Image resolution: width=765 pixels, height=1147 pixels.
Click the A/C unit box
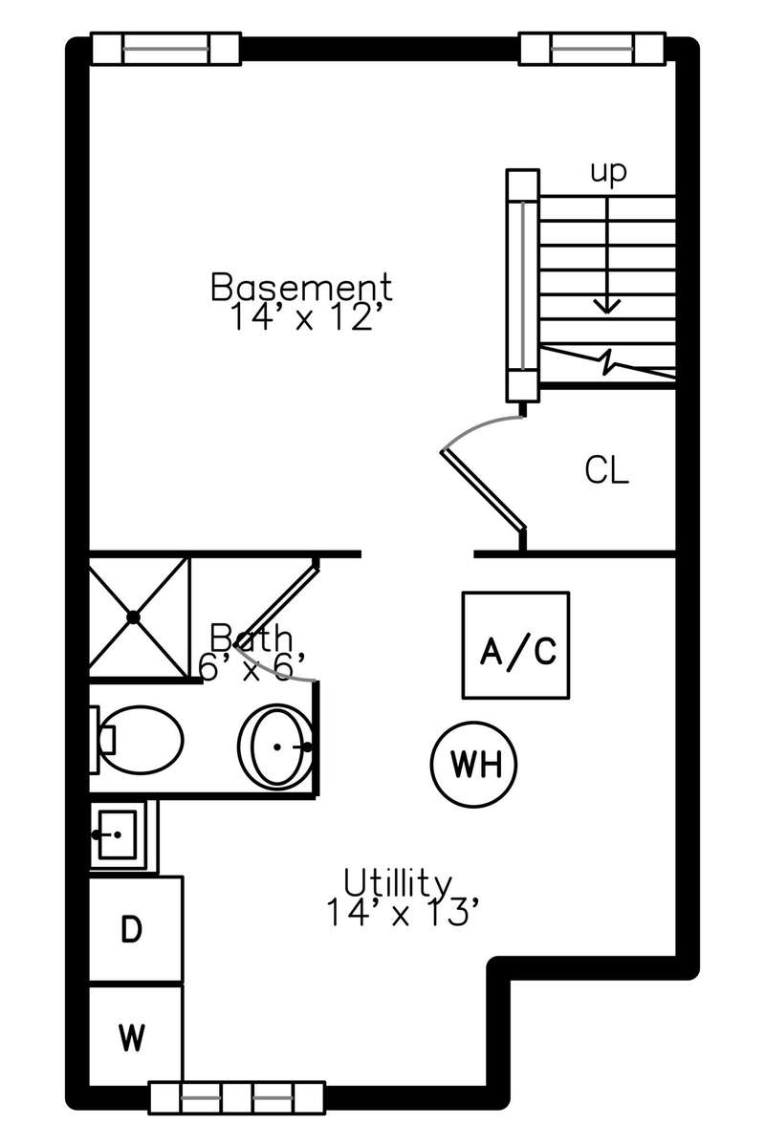[x=516, y=645]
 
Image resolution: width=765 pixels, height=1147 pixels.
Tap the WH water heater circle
[x=471, y=764]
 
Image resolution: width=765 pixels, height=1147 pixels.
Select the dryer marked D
[x=135, y=929]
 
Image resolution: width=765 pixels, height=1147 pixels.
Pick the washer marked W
[x=135, y=1035]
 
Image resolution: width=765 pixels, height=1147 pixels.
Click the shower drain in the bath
[x=134, y=617]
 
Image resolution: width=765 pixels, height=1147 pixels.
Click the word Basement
[x=301, y=287]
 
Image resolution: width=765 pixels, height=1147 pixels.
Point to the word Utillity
[x=397, y=880]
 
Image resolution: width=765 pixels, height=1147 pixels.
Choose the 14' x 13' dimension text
[x=400, y=913]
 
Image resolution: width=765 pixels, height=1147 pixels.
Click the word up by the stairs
[x=607, y=172]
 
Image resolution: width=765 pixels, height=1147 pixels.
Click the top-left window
[x=164, y=48]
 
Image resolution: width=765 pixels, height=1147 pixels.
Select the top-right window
[x=592, y=48]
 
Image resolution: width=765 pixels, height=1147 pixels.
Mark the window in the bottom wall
[x=236, y=1096]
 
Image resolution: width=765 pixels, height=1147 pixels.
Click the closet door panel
[x=483, y=487]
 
